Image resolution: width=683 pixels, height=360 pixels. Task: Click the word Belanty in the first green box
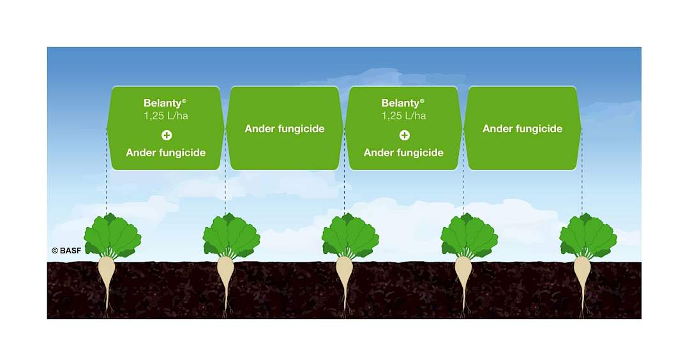point(163,103)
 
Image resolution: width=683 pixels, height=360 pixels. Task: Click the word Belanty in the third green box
point(400,103)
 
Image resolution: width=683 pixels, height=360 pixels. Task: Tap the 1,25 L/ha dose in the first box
point(166,116)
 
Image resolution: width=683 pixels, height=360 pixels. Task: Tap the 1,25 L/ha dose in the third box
point(404,116)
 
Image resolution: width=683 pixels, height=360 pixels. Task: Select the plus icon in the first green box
point(167,135)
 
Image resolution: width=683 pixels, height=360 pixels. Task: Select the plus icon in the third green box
point(404,135)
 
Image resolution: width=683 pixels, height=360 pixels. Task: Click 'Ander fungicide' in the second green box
point(285,128)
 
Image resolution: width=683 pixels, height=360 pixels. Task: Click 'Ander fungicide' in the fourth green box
point(522,128)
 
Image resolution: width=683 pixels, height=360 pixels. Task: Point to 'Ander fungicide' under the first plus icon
point(165,153)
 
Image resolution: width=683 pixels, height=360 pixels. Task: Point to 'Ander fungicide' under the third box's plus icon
point(403,153)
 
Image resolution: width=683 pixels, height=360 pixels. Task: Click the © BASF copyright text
point(66,251)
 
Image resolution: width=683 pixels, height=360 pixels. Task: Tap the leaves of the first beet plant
point(112,236)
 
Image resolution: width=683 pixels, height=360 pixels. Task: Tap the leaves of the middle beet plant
point(350,236)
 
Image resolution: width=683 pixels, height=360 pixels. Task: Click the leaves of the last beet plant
point(588,236)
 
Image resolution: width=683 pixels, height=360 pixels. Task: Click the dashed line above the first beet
point(107,171)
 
